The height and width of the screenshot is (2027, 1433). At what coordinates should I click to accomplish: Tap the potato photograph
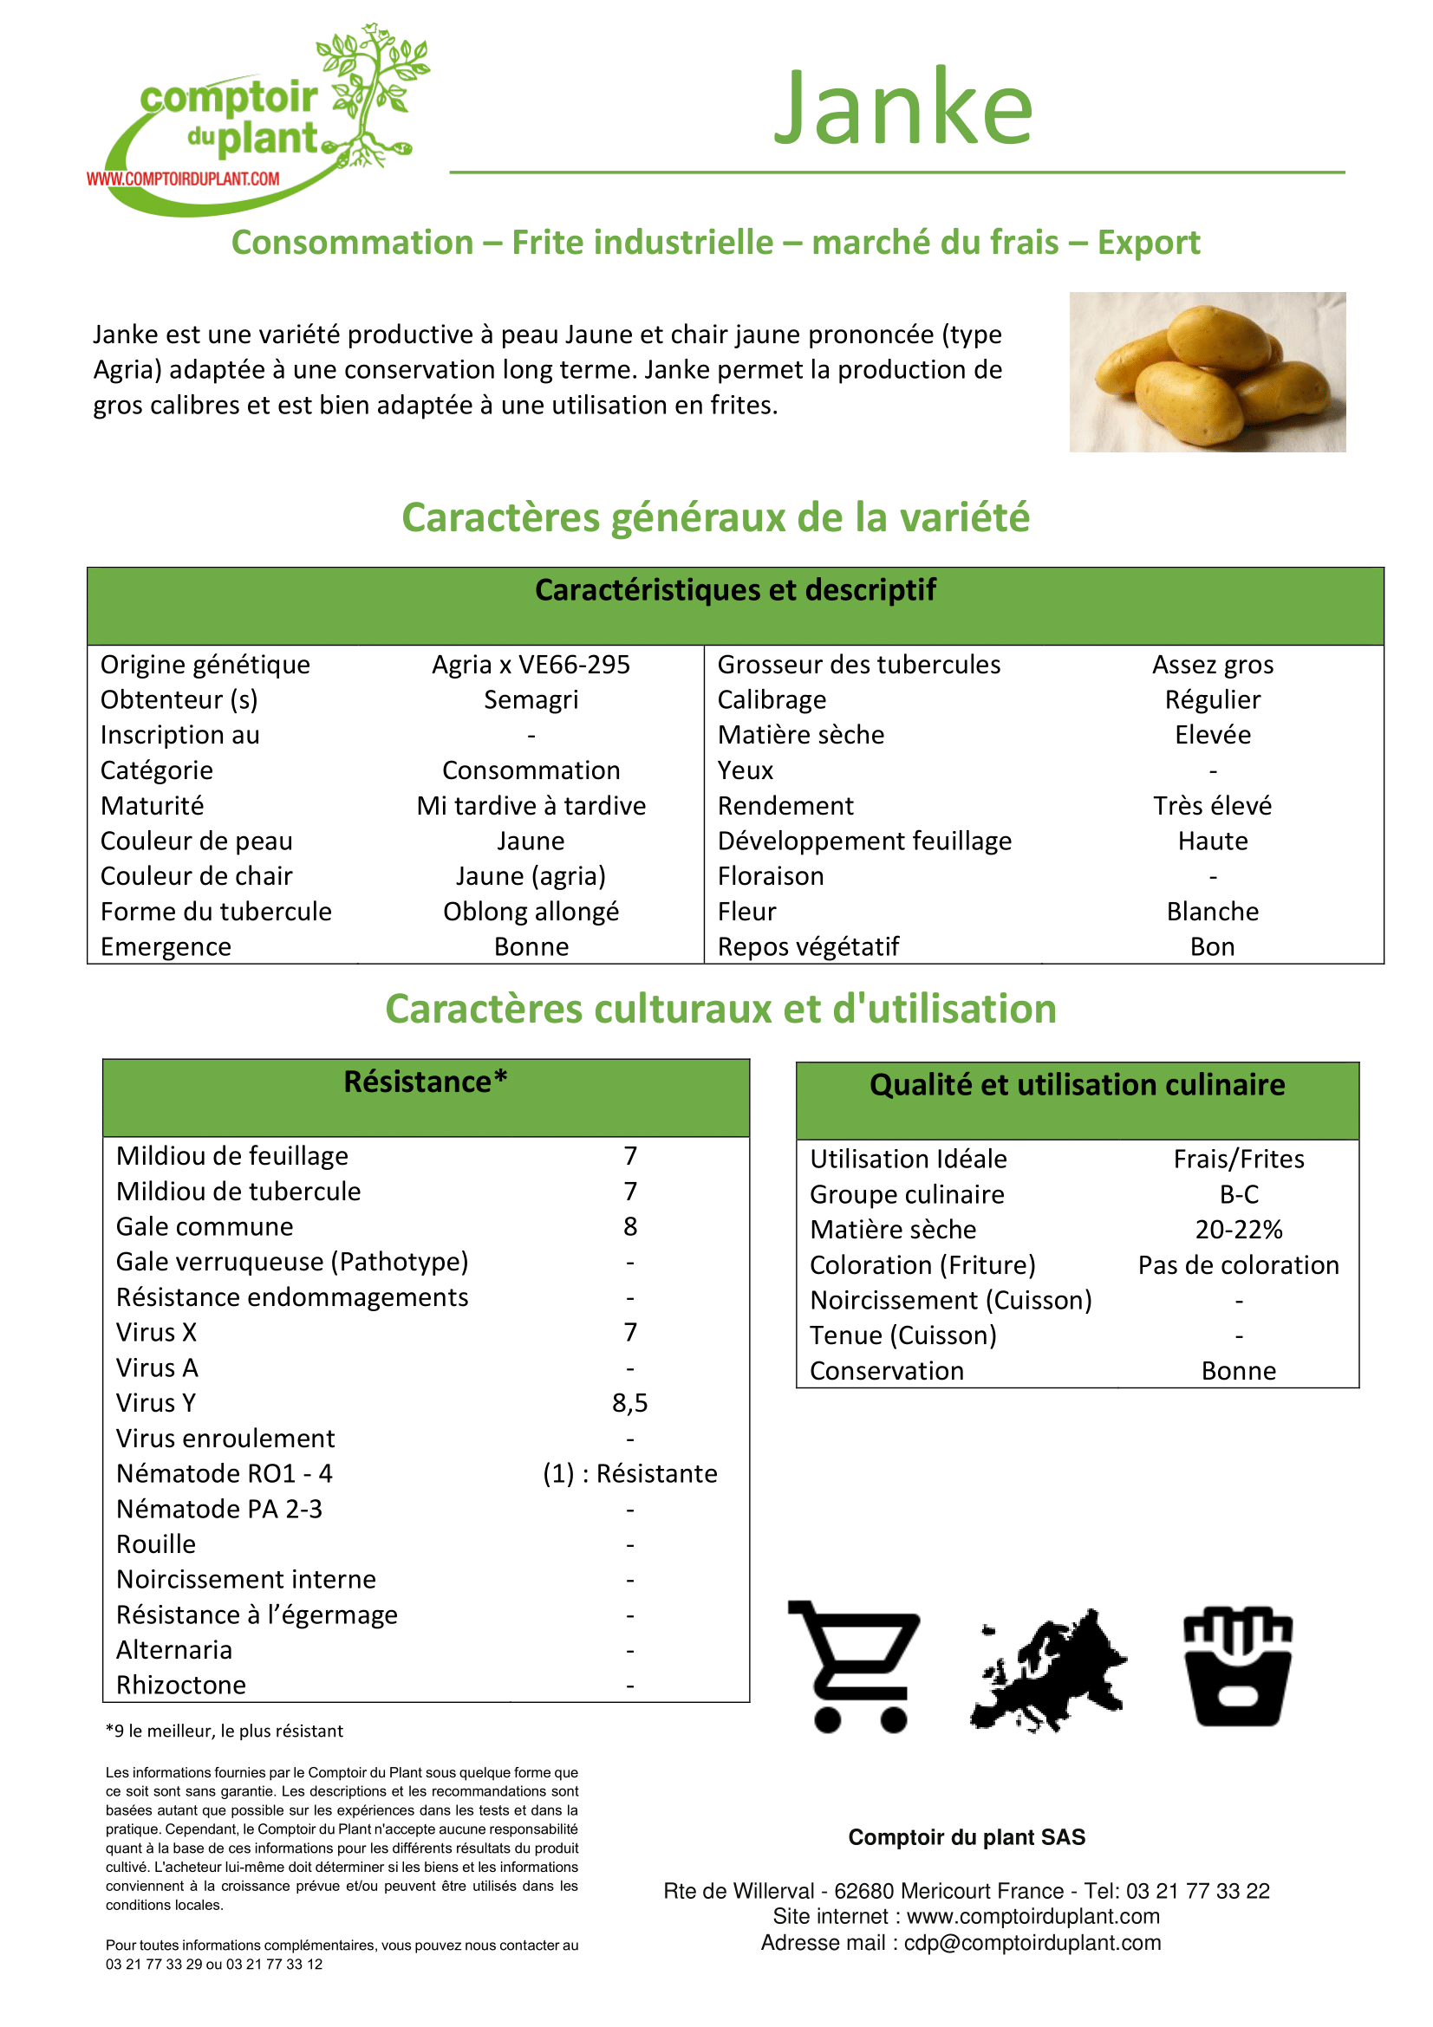1207,372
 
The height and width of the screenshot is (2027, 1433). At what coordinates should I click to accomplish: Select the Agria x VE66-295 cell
531,665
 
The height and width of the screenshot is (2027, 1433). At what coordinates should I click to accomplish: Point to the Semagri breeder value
531,700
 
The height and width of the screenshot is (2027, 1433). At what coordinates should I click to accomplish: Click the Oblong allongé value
531,911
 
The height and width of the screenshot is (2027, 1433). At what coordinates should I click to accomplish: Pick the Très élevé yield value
1212,806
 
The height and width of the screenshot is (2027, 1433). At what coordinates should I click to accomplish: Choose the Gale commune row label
205,1226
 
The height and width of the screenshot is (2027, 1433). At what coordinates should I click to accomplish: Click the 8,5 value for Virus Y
629,1403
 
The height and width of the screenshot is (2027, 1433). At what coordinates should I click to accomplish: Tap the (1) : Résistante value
629,1473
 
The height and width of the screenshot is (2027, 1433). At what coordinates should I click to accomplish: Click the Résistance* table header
426,1082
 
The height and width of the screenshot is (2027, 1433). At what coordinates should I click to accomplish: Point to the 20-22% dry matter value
1239,1230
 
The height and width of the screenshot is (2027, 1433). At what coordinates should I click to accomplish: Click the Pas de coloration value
1238,1265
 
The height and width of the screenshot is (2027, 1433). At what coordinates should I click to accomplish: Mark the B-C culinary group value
1239,1194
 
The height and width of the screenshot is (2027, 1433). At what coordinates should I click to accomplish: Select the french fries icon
1238,1666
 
